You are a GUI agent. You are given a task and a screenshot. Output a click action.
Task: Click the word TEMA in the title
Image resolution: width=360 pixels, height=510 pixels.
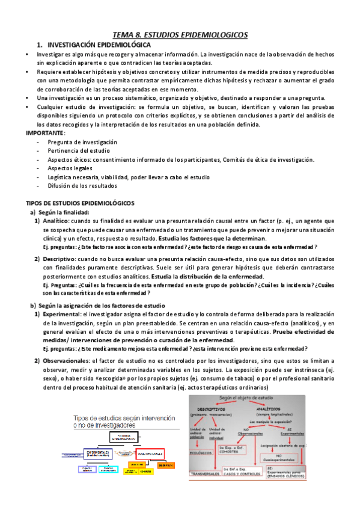(124, 35)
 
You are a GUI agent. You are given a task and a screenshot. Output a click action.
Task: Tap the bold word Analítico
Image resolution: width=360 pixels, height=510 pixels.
(56, 221)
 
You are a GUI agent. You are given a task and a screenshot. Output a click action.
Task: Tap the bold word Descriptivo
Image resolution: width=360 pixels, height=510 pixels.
(59, 258)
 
